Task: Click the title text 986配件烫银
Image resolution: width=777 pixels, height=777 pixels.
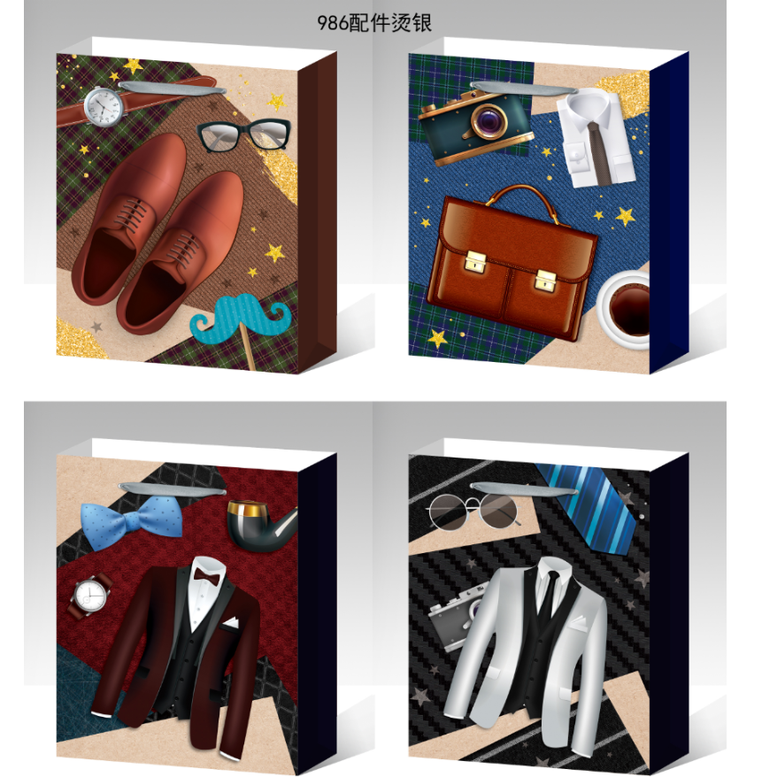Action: pyautogui.click(x=374, y=23)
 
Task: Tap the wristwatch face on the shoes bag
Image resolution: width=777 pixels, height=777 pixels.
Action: pyautogui.click(x=104, y=106)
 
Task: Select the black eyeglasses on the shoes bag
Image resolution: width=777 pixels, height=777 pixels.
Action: pyautogui.click(x=243, y=135)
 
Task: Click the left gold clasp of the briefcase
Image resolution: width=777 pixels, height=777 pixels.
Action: pyautogui.click(x=474, y=261)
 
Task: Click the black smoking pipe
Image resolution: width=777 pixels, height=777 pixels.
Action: pyautogui.click(x=260, y=526)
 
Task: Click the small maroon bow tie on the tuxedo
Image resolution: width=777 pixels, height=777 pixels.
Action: pyautogui.click(x=206, y=576)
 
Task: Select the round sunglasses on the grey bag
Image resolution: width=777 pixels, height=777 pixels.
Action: pyautogui.click(x=473, y=511)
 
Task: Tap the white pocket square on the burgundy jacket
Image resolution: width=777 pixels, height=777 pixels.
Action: pyautogui.click(x=230, y=623)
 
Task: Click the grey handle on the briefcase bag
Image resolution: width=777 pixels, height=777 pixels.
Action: pyautogui.click(x=523, y=88)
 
